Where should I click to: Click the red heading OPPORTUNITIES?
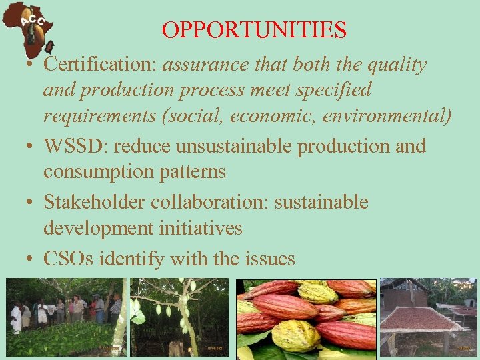coord(254,30)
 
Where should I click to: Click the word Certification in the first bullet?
coord(99,65)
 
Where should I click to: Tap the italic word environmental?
coord(387,117)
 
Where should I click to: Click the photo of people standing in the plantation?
coord(64,317)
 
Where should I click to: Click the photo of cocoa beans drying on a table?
coord(428,316)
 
